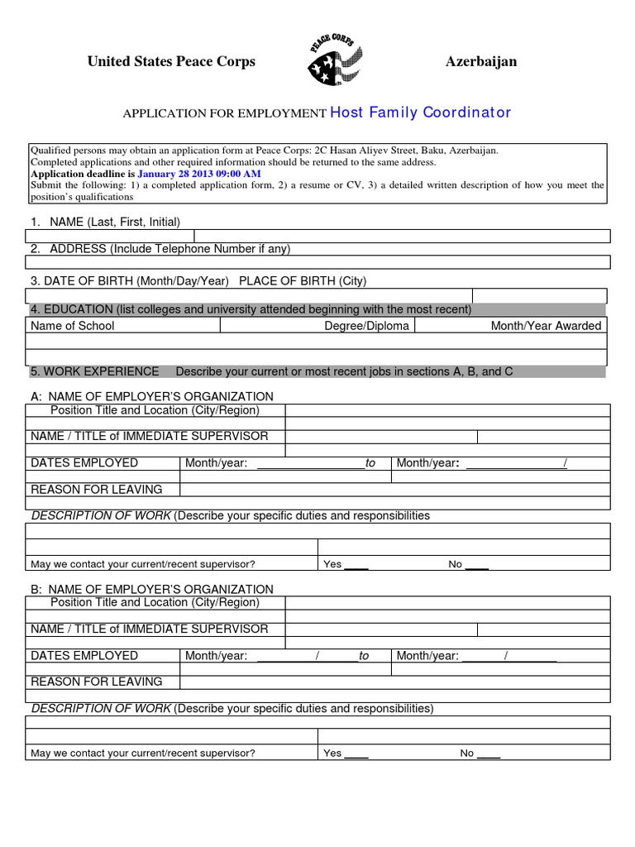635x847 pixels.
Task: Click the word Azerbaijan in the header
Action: (481, 62)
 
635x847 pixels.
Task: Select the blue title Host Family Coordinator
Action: (421, 112)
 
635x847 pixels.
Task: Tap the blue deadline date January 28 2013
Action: (198, 175)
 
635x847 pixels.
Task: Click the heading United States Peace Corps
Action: (171, 62)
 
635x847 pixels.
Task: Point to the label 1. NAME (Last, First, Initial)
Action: (105, 222)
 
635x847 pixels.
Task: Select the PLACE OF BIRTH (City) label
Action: (303, 281)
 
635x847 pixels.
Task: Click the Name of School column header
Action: (72, 326)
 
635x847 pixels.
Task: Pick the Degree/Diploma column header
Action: (366, 326)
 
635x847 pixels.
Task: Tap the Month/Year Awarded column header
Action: (546, 326)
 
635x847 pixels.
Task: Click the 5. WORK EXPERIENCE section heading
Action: (94, 371)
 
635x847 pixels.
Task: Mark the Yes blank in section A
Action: (356, 565)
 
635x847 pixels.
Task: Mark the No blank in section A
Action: (477, 565)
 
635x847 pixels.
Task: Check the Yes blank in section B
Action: (356, 754)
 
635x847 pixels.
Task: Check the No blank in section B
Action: (489, 754)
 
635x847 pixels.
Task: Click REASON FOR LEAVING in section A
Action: (96, 490)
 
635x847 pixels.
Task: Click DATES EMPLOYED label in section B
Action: (84, 655)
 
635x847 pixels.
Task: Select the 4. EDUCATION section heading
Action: (251, 309)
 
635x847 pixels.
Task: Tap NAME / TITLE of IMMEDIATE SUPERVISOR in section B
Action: (149, 629)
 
